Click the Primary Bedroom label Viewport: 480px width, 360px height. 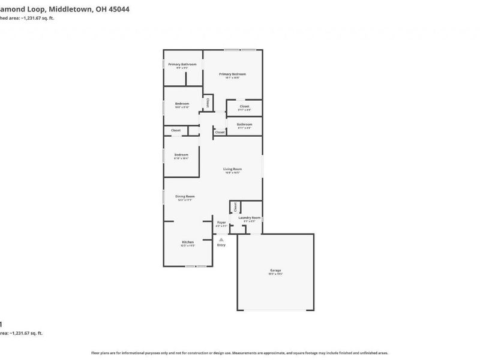(x=236, y=74)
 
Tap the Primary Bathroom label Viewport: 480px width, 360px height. (x=182, y=64)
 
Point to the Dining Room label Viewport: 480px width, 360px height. (x=185, y=196)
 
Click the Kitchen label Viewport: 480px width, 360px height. (x=188, y=242)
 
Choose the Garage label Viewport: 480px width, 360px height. (x=275, y=271)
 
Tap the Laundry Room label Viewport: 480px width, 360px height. (x=249, y=218)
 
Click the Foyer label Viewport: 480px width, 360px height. (x=221, y=223)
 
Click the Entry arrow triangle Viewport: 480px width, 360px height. (x=221, y=239)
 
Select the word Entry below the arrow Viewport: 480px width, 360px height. (x=221, y=245)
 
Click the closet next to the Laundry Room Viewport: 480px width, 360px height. (x=235, y=206)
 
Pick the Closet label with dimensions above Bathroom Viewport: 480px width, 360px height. (x=244, y=106)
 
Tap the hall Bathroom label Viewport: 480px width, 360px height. (x=244, y=124)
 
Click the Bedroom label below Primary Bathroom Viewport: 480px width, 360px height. (x=182, y=104)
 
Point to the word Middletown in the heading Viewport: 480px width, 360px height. (x=71, y=10)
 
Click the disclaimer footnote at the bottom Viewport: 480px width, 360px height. (x=240, y=353)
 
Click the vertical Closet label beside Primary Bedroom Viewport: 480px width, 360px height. (x=208, y=103)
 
